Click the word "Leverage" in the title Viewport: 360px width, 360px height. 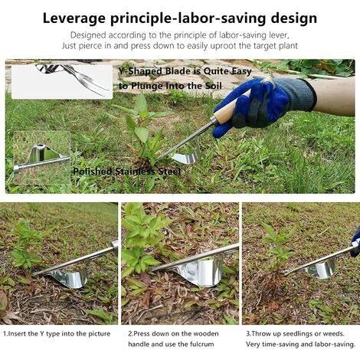(76, 17)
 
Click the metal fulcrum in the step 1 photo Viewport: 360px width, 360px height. (70, 276)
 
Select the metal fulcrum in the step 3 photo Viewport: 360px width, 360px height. (321, 269)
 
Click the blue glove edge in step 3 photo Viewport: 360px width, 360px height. (355, 244)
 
